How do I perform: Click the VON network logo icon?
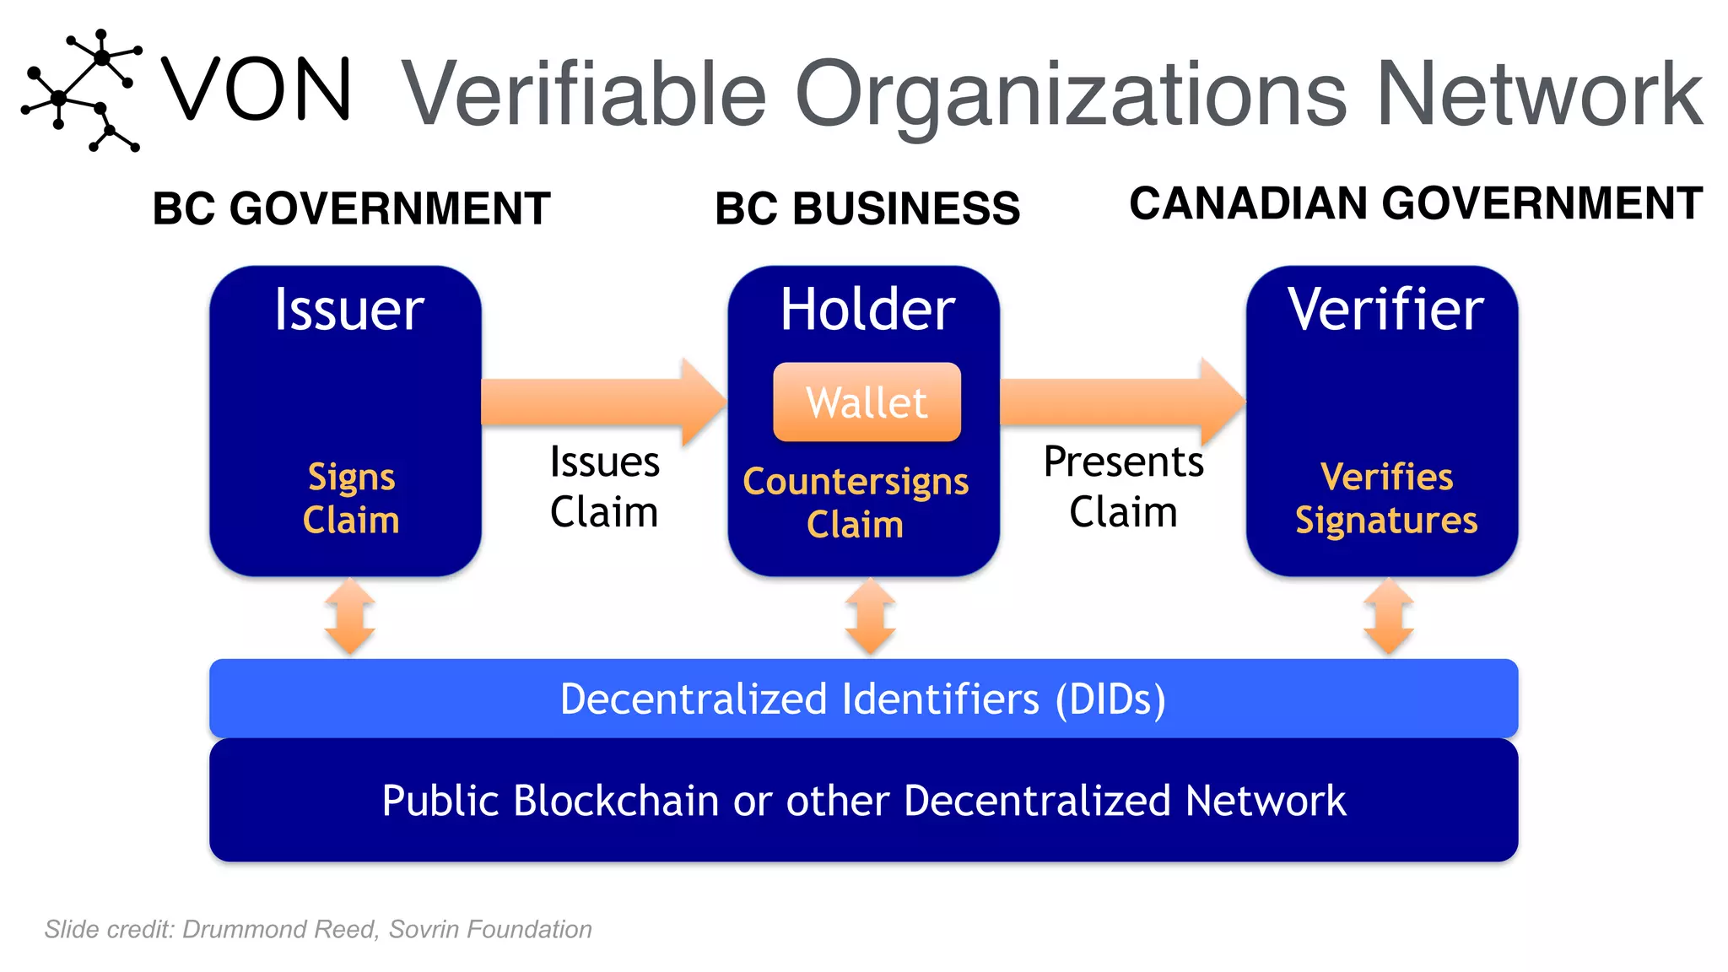tap(81, 90)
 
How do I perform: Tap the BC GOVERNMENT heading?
tap(351, 208)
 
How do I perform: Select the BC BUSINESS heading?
tap(867, 208)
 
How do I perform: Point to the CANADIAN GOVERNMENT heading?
tap(1415, 203)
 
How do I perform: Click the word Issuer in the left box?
tap(348, 310)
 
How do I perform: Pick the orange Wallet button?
tap(867, 402)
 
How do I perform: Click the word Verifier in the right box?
tap(1385, 310)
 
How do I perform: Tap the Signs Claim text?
tap(350, 498)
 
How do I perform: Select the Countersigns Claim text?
tap(856, 502)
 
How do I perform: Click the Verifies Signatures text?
tap(1385, 498)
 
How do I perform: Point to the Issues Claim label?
tap(603, 487)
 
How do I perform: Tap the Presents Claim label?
tap(1122, 487)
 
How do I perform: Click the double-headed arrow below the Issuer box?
tap(349, 617)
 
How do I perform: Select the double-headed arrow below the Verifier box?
tap(1388, 617)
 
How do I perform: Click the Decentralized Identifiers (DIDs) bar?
tap(863, 699)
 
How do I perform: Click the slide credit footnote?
tap(318, 929)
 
